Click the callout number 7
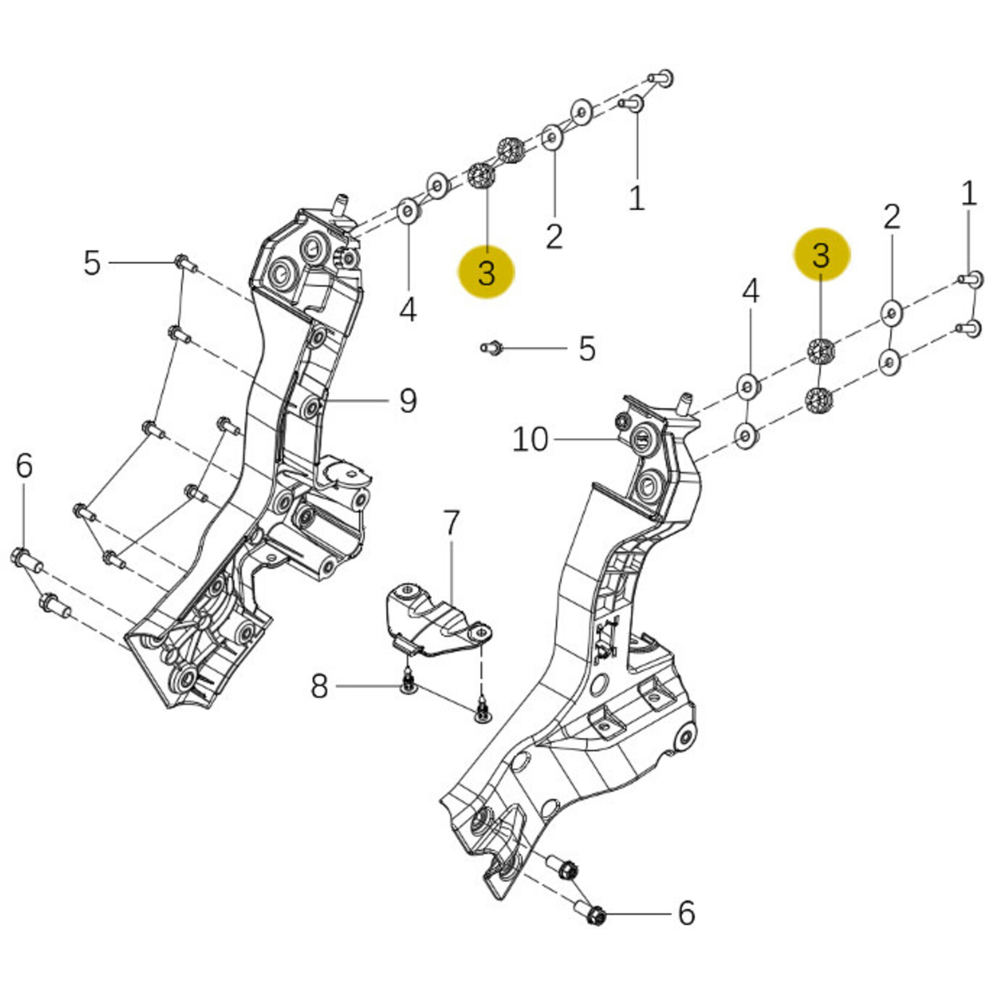pos(451,523)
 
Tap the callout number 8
pos(319,686)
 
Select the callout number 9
pos(408,400)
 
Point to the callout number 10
pos(530,439)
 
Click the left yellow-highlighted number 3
pos(486,272)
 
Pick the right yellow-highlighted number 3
pos(821,255)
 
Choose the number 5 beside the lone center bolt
pos(587,349)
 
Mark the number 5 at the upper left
pos(91,263)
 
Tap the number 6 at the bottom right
pos(686,912)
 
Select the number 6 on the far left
pos(24,466)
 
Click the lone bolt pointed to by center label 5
pos(490,347)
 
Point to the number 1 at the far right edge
pos(968,194)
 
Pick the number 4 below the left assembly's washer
pos(408,310)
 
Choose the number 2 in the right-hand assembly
pos(891,216)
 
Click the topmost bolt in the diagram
pos(662,78)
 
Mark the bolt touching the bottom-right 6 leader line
pos(596,915)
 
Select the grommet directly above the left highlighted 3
pos(481,176)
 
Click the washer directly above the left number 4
pos(409,212)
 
